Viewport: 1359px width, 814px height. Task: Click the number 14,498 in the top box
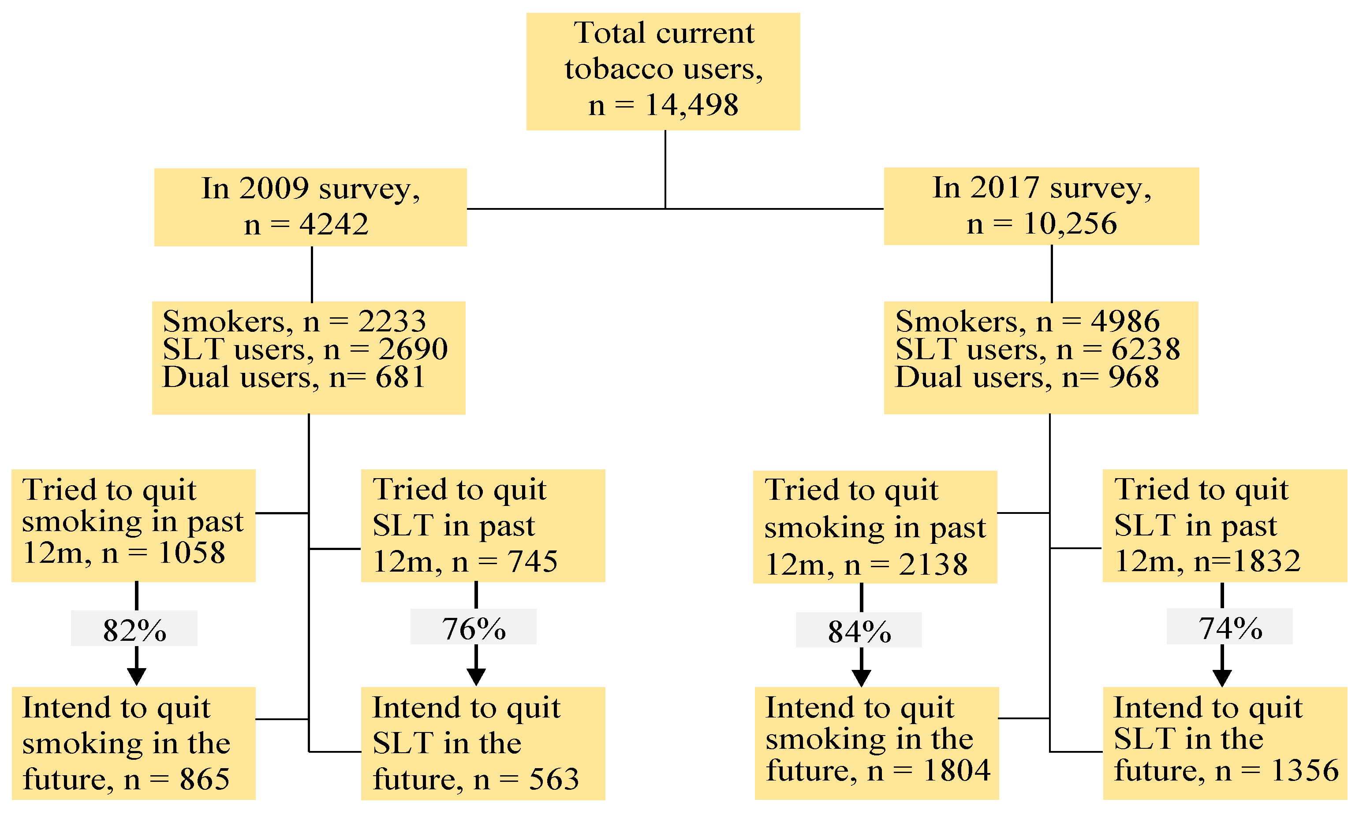pyautogui.click(x=691, y=105)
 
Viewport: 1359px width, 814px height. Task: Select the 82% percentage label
pyautogui.click(x=134, y=630)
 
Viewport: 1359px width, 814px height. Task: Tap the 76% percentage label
pyautogui.click(x=474, y=628)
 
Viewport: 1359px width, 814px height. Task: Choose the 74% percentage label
pyautogui.click(x=1230, y=628)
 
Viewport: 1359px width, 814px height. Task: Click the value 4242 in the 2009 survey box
pyautogui.click(x=334, y=224)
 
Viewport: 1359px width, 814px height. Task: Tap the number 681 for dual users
pyautogui.click(x=400, y=377)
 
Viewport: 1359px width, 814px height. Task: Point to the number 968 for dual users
pyautogui.click(x=1134, y=377)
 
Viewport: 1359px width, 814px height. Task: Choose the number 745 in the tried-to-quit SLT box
pyautogui.click(x=532, y=561)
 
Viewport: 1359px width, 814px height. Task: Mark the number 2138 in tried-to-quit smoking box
pyautogui.click(x=933, y=565)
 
